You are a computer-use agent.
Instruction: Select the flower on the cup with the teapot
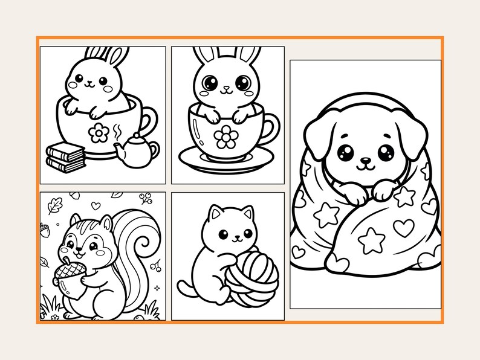click(98, 132)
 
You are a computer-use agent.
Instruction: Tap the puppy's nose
click(365, 161)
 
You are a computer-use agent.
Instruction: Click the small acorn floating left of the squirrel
click(44, 228)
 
